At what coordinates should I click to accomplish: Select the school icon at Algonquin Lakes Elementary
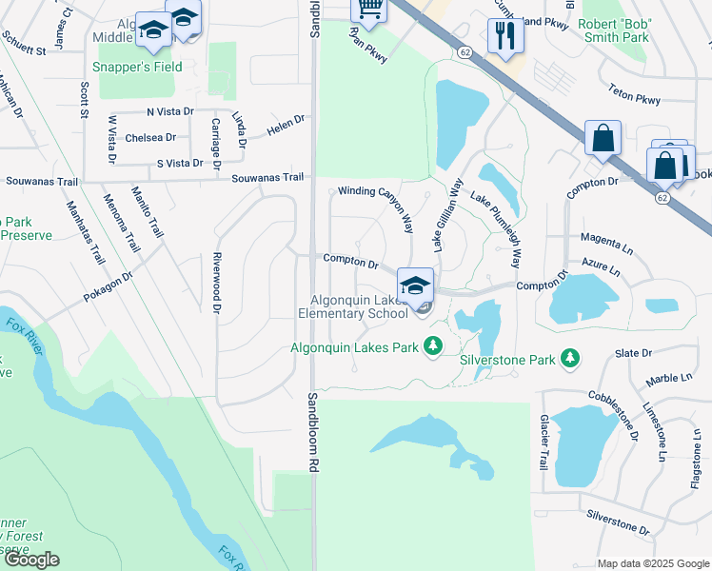click(x=416, y=285)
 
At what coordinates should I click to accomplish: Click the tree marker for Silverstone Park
click(x=571, y=358)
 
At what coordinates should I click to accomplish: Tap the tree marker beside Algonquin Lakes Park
click(x=434, y=345)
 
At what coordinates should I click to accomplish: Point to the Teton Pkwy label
click(x=635, y=97)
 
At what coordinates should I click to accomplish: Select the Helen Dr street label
click(x=285, y=124)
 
